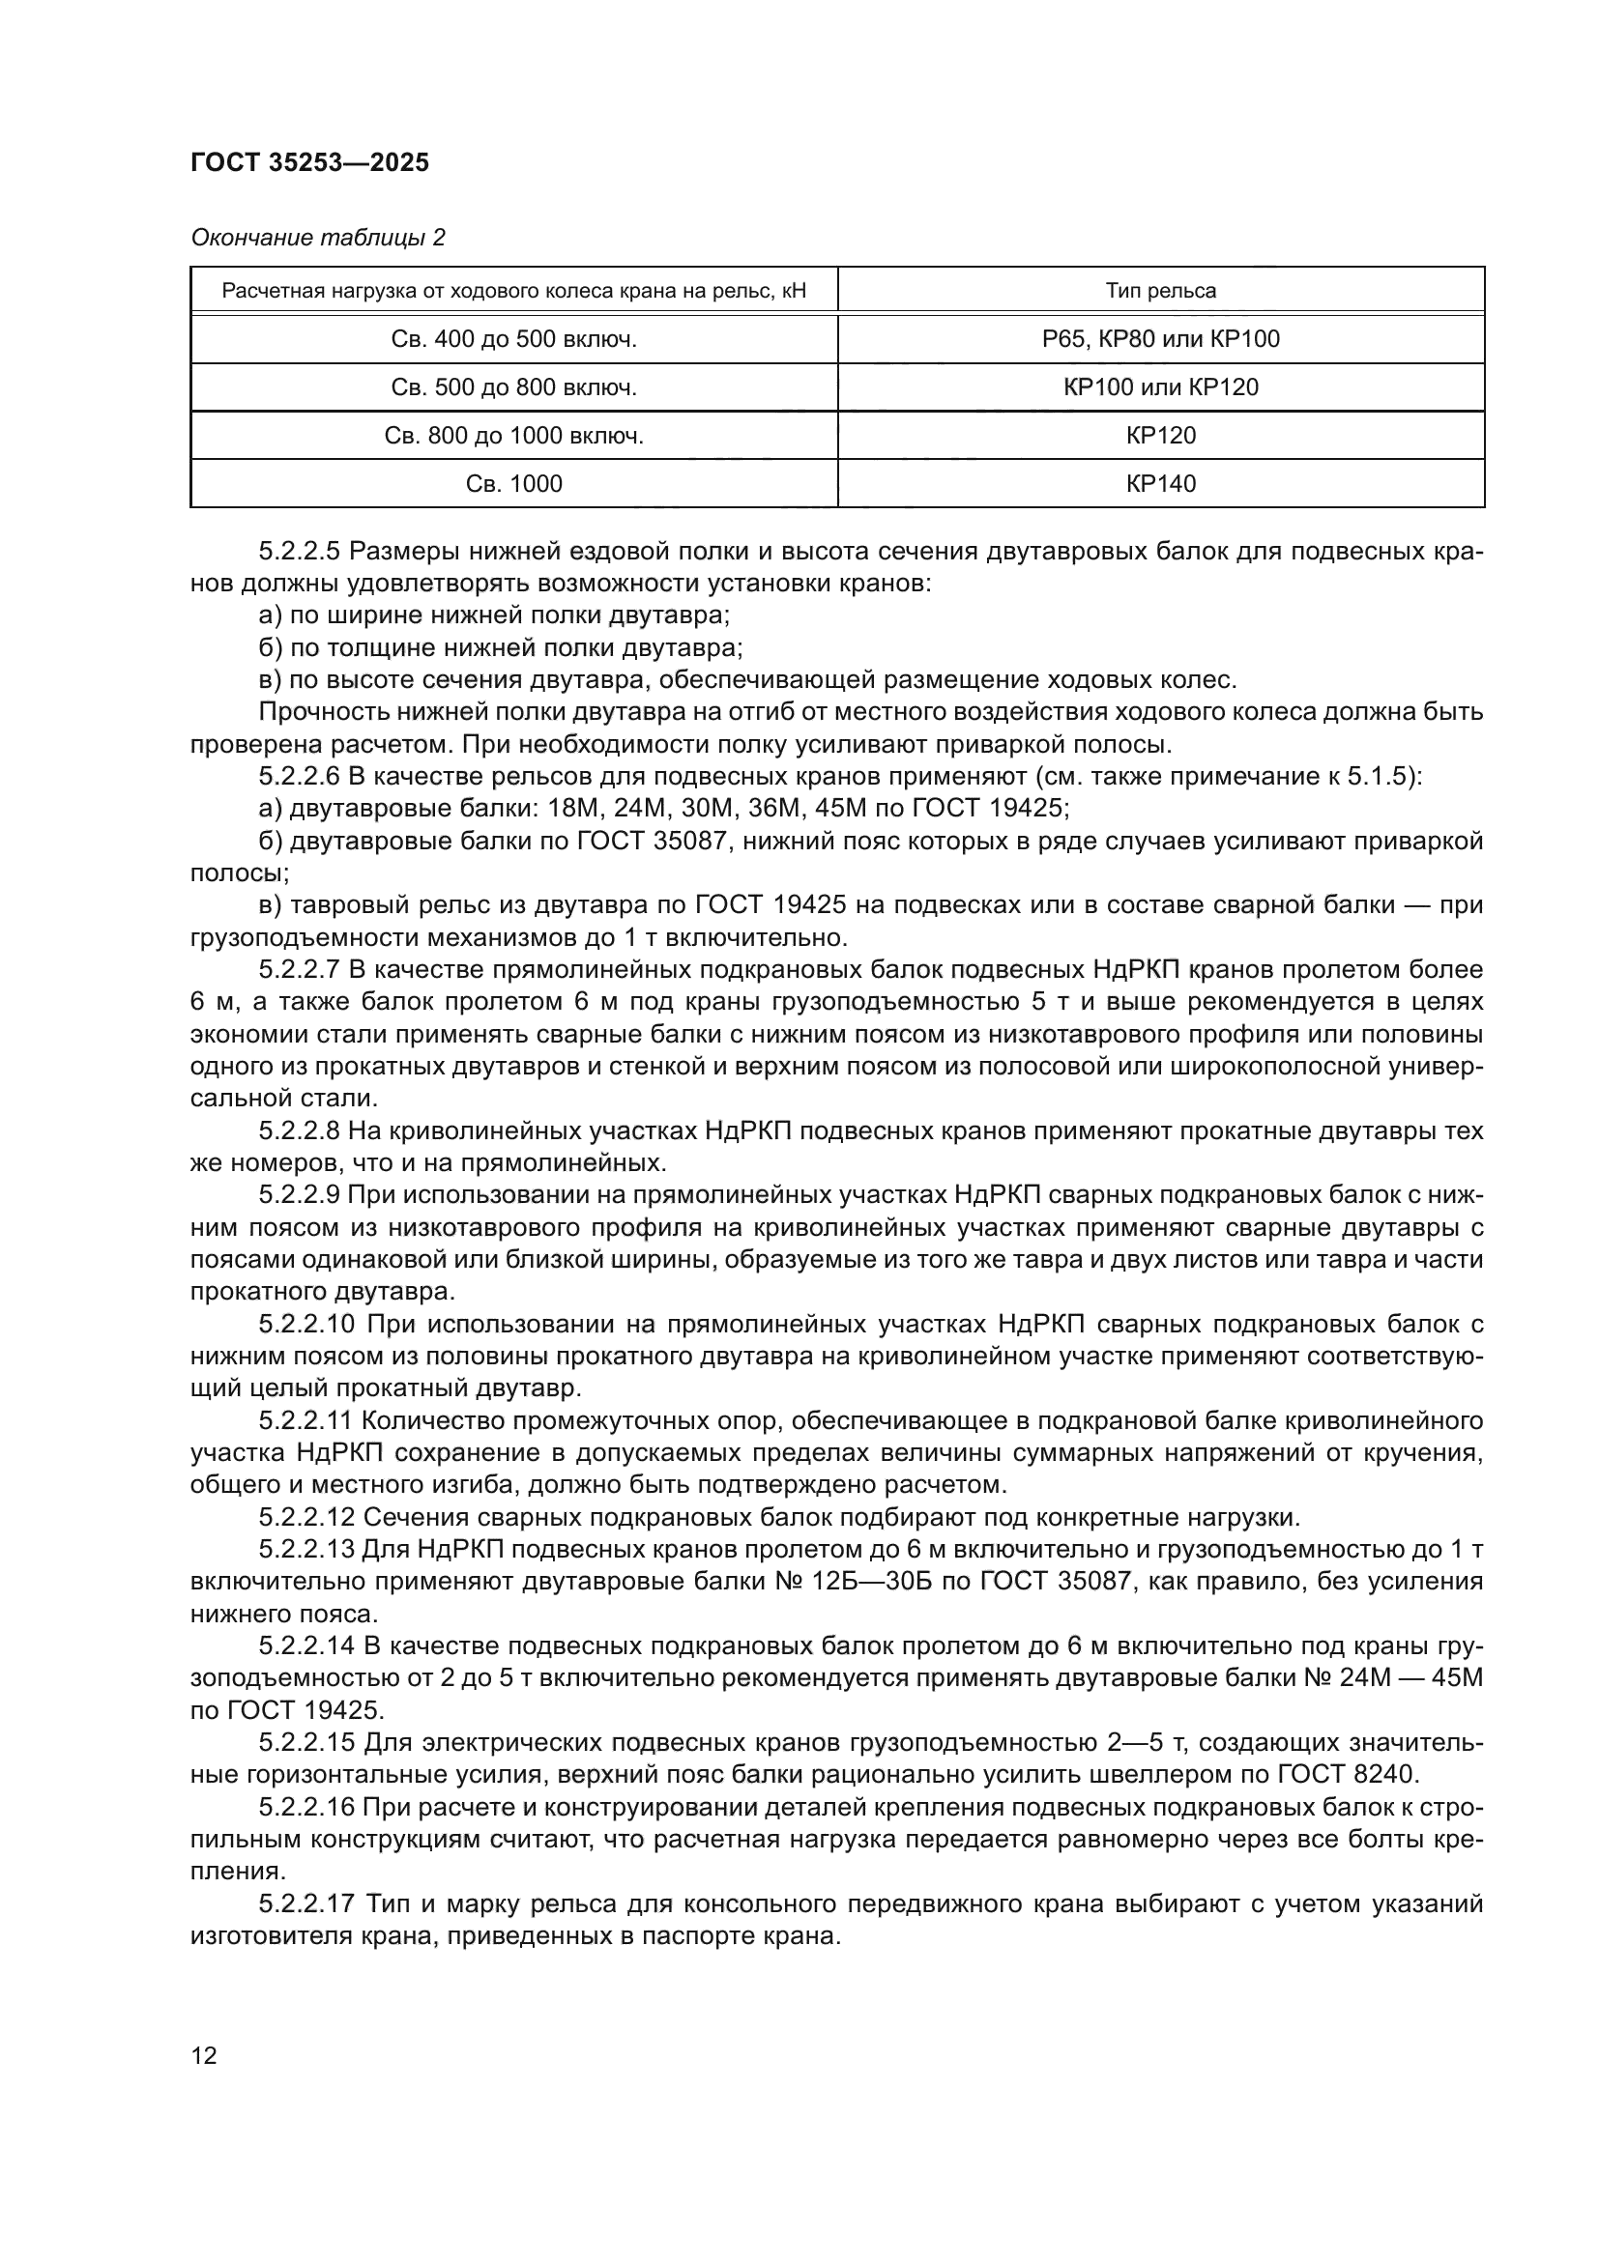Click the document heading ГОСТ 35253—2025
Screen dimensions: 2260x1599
pos(309,162)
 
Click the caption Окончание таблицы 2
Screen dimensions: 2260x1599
pos(317,238)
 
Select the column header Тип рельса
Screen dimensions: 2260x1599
pos(1160,291)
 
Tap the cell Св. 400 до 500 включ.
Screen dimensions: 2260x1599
pos(513,338)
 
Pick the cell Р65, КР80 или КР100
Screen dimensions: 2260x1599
pos(1160,338)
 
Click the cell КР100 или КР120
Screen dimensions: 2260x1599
pos(1160,386)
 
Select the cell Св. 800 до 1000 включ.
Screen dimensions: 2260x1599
pos(513,435)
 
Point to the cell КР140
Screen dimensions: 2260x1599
pos(1160,483)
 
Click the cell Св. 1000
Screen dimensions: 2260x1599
pos(513,483)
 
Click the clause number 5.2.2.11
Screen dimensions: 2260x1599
pos(305,1421)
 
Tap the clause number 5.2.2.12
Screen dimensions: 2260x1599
pos(305,1518)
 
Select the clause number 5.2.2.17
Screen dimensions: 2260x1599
pos(305,1903)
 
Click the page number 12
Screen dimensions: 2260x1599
pos(204,2055)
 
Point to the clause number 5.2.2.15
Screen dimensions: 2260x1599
pos(305,1743)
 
